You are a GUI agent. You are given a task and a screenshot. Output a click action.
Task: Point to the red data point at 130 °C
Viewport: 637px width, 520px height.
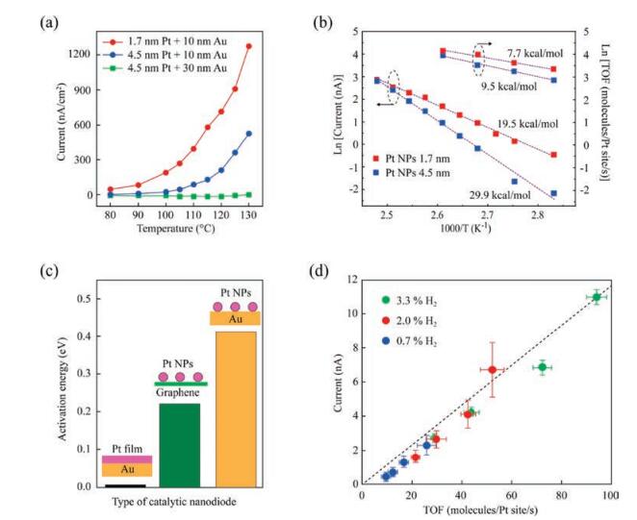tap(248, 45)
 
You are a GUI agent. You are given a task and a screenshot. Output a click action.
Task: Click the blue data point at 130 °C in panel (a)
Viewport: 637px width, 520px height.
tap(248, 134)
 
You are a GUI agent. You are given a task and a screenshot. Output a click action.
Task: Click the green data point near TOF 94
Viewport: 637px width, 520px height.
tap(597, 297)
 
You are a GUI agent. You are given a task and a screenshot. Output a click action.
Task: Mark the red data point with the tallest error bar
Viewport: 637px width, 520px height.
tap(492, 369)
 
